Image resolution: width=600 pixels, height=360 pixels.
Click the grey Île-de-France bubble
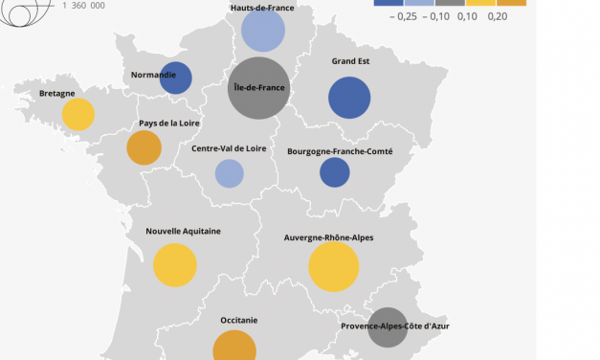pyautogui.click(x=259, y=88)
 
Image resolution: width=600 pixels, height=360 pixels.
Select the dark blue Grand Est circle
pyautogui.click(x=349, y=98)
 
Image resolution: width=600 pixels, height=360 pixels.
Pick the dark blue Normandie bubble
pyautogui.click(x=176, y=79)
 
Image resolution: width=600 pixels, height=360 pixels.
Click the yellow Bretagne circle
pyautogui.click(x=78, y=114)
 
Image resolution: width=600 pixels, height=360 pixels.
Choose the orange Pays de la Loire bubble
pyautogui.click(x=144, y=148)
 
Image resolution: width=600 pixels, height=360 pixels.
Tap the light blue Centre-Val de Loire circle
pyautogui.click(x=230, y=173)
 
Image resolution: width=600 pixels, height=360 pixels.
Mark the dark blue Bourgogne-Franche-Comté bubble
pyautogui.click(x=334, y=172)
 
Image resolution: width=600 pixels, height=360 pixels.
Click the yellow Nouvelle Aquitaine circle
pyautogui.click(x=175, y=265)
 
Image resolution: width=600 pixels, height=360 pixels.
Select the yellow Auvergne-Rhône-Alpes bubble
pyautogui.click(x=334, y=267)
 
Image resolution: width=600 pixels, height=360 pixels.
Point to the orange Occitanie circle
pyautogui.click(x=233, y=349)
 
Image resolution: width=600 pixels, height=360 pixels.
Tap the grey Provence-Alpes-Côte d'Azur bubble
pyautogui.click(x=388, y=326)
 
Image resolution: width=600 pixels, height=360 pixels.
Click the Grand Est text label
pyautogui.click(x=351, y=61)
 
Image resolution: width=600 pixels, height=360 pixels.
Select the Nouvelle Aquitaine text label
pyautogui.click(x=184, y=231)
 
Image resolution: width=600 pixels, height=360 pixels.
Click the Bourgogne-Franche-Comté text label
pyautogui.click(x=339, y=150)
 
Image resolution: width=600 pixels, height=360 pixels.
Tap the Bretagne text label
pyautogui.click(x=58, y=94)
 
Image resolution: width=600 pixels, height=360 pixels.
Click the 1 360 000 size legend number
pyautogui.click(x=85, y=5)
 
